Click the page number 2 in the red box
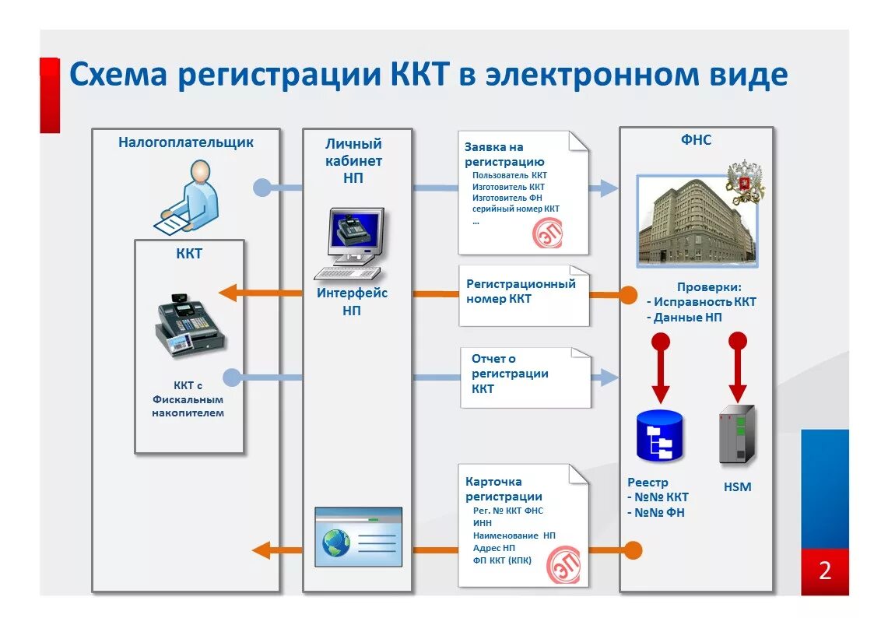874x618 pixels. [824, 571]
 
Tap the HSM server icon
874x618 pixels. [736, 435]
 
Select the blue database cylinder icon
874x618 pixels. [659, 436]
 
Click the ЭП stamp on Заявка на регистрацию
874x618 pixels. [548, 234]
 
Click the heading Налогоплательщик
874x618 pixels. [186, 142]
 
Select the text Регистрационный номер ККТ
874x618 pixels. [521, 290]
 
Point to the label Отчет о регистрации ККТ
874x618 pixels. [510, 374]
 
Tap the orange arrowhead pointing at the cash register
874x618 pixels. [228, 293]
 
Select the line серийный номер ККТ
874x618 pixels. [515, 209]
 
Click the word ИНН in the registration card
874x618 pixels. [483, 523]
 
